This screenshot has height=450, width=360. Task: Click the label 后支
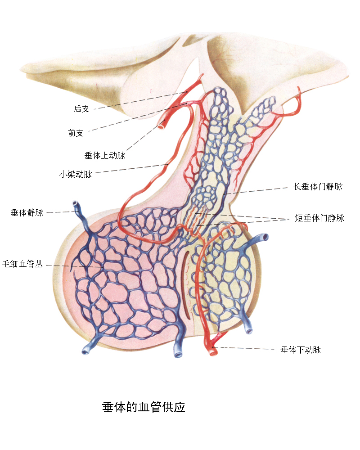click(81, 109)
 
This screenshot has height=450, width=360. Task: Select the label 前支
click(76, 133)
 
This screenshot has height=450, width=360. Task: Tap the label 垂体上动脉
click(104, 156)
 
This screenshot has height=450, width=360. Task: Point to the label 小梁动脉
click(76, 174)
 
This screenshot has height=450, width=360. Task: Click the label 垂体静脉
click(27, 212)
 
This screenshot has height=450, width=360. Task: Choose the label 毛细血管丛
click(22, 264)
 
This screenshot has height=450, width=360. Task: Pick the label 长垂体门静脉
click(318, 186)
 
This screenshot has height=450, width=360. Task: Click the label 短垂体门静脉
click(319, 218)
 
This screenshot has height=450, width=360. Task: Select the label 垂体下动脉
click(301, 350)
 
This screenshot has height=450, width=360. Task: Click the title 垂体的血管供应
click(144, 408)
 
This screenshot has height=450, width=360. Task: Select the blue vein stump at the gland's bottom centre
click(179, 354)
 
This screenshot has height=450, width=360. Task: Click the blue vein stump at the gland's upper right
click(265, 237)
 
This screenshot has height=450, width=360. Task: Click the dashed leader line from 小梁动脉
click(130, 169)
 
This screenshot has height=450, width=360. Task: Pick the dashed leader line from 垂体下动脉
click(247, 348)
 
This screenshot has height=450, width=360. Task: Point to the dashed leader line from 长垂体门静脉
click(256, 191)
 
